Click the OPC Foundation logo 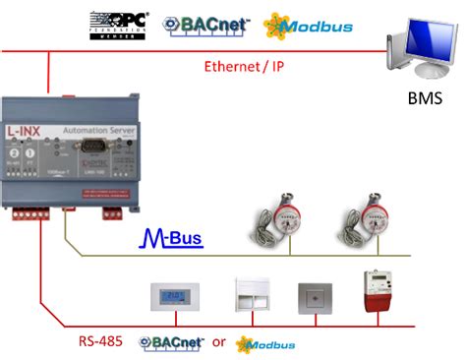point(118,25)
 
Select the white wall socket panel point(251,295)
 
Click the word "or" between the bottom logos point(220,341)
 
